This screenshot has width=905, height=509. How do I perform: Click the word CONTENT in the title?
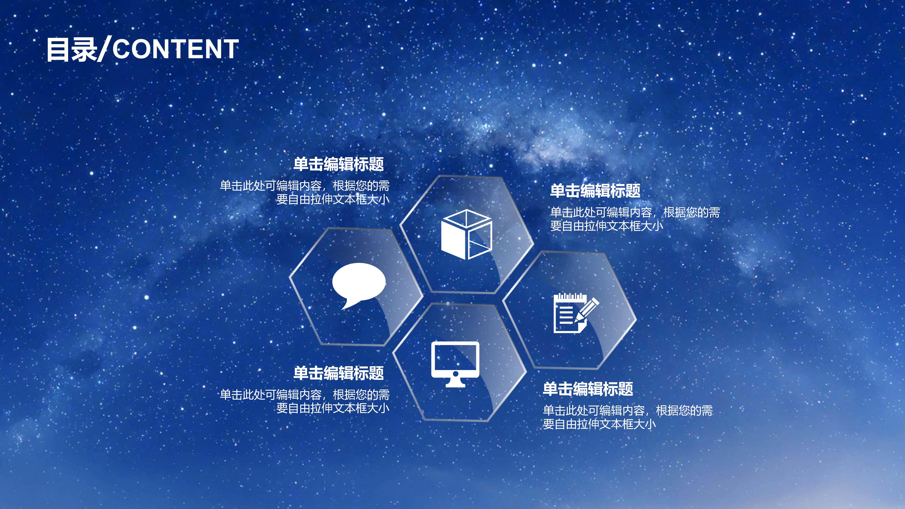pyautogui.click(x=176, y=49)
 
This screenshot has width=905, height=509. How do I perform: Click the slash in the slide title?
pyautogui.click(x=105, y=49)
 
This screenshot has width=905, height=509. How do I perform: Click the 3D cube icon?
pyautogui.click(x=466, y=234)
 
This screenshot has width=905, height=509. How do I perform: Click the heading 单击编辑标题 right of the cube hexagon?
pyautogui.click(x=595, y=191)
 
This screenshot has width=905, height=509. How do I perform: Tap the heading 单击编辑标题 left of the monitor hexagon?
pyautogui.click(x=339, y=373)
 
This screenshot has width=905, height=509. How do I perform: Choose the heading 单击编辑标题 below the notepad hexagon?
pyautogui.click(x=588, y=389)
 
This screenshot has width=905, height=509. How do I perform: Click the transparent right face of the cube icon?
pyautogui.click(x=480, y=239)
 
